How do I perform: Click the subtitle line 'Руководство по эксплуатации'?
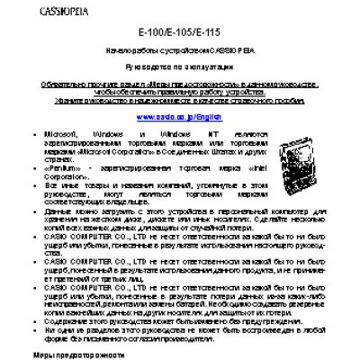pyautogui.click(x=180, y=68)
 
